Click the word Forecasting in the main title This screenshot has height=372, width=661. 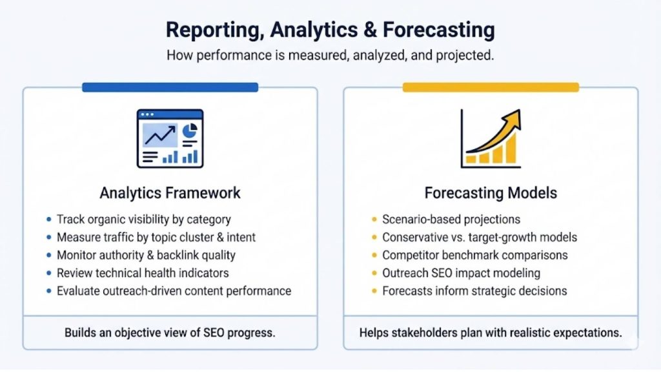click(439, 30)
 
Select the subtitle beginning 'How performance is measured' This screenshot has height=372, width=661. click(330, 55)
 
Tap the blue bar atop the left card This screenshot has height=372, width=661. click(170, 87)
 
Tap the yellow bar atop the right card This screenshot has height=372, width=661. click(491, 87)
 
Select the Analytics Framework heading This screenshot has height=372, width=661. click(170, 192)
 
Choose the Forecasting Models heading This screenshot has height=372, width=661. click(491, 192)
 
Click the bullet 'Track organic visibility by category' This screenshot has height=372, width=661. click(143, 220)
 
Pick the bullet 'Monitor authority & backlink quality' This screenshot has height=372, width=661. click(146, 255)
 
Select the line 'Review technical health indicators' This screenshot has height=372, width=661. click(143, 273)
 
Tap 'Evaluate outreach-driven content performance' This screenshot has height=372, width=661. click(174, 291)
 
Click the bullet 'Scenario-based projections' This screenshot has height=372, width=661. click(451, 220)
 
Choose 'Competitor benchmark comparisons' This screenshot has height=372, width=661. click(474, 255)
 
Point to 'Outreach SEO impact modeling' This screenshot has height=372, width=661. click(461, 273)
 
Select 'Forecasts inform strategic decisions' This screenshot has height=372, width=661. click(474, 291)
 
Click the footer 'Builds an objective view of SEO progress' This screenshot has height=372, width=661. click(170, 333)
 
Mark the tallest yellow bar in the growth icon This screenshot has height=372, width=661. click(511, 149)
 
